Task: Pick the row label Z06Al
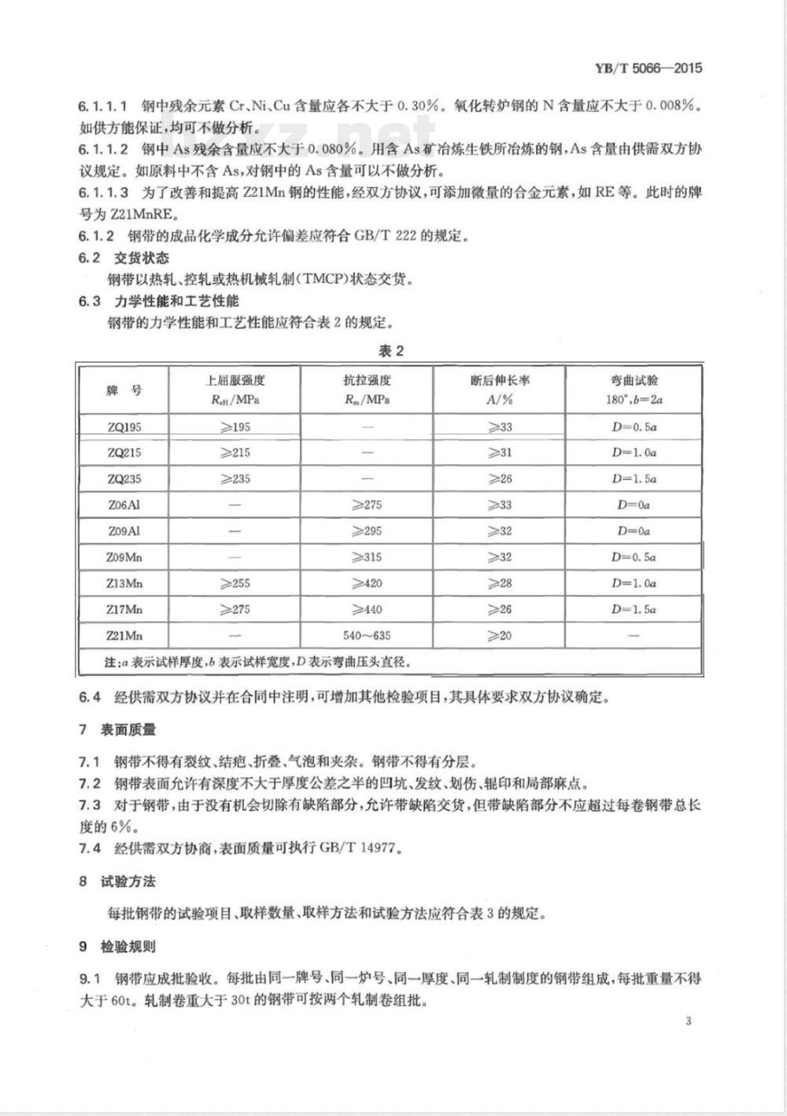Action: [124, 504]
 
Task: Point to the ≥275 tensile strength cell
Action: [367, 504]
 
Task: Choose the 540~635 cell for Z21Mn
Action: [367, 635]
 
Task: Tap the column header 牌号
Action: [124, 390]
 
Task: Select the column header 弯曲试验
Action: [634, 380]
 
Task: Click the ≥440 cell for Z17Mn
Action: [367, 609]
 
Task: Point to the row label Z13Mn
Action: [124, 583]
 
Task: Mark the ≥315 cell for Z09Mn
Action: [367, 557]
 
